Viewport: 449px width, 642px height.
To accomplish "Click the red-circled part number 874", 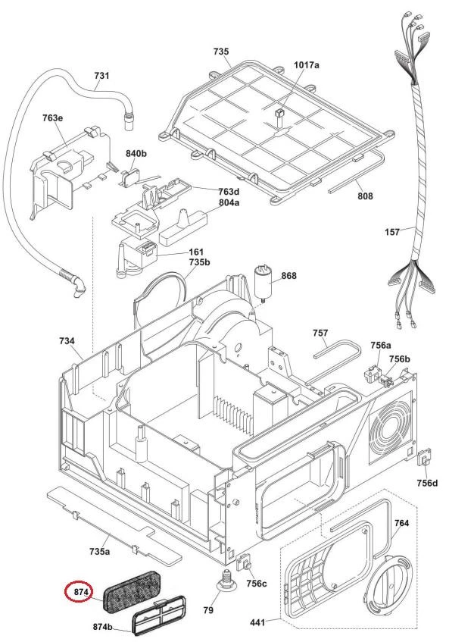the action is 80,592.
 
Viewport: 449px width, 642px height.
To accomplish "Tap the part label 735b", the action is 199,261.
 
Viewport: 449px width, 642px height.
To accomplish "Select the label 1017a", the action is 307,64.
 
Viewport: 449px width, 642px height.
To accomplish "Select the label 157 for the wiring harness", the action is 392,232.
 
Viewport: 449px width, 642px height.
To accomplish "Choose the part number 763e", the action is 52,118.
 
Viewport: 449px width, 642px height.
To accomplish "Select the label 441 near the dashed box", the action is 257,622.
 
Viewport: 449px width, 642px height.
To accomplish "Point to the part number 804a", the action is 229,202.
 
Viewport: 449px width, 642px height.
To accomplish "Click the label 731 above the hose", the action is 101,75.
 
